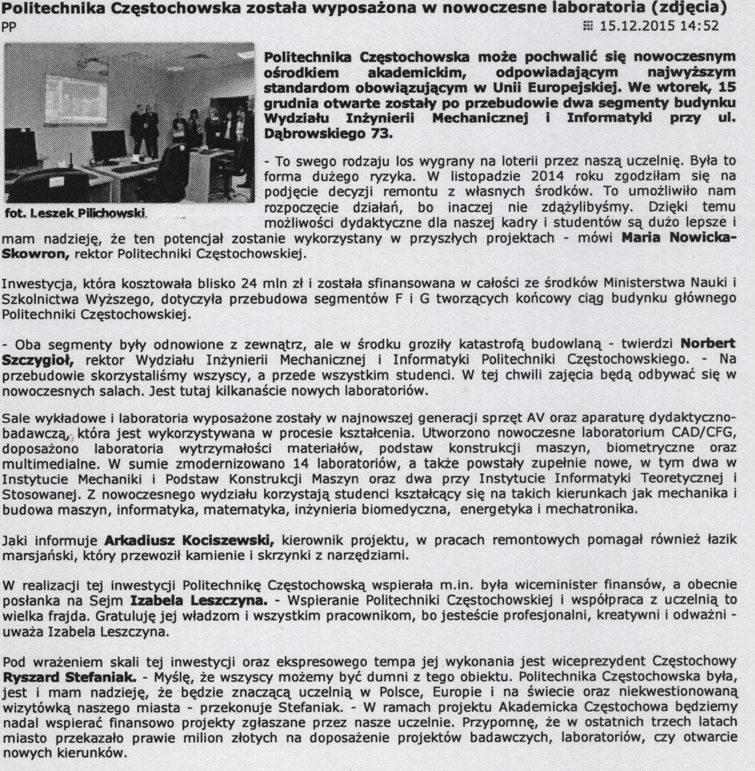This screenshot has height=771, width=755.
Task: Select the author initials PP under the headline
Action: point(9,27)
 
